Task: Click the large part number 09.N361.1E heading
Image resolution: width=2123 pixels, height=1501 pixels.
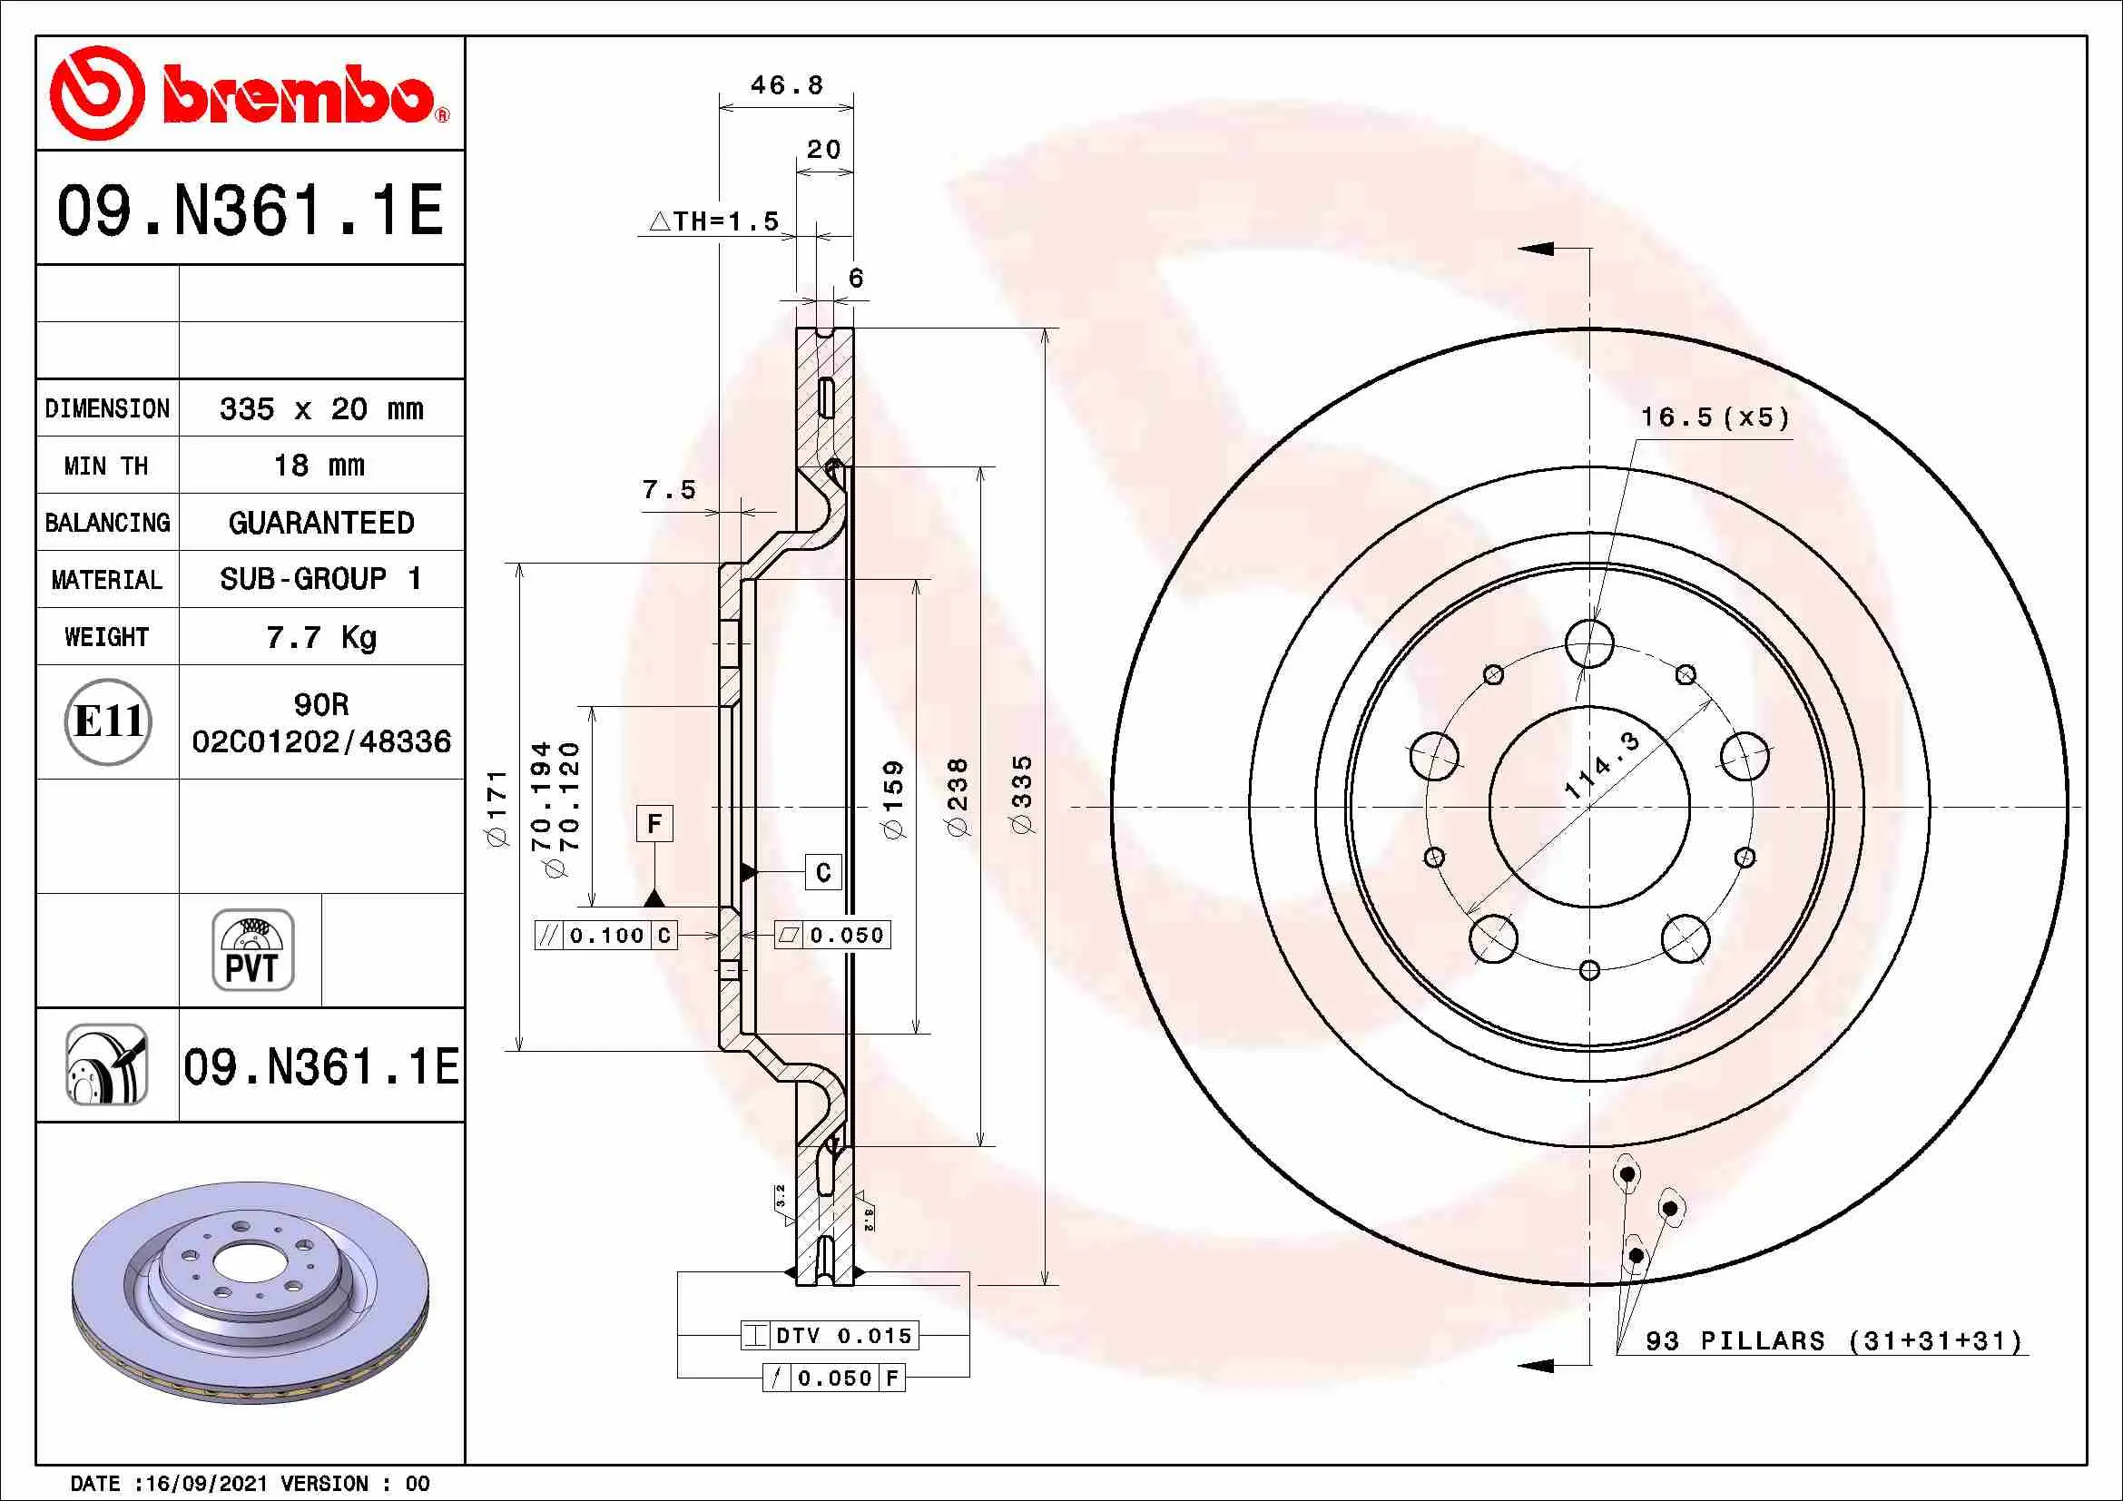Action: [250, 210]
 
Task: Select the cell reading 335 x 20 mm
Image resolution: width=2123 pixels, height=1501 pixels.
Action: [320, 408]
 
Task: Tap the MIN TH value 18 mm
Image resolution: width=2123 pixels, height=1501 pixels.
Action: [319, 466]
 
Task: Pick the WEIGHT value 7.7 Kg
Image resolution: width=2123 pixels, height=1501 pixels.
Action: [320, 637]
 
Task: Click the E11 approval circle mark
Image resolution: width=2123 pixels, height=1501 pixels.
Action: [108, 721]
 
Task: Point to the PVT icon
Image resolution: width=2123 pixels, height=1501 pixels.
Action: [252, 949]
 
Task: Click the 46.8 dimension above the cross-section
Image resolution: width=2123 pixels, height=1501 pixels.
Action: [786, 85]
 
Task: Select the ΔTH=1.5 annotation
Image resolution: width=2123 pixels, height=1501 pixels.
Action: [714, 221]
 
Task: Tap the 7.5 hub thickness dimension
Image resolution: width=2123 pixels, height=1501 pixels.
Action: [669, 490]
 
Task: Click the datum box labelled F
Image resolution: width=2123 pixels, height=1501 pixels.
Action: [654, 823]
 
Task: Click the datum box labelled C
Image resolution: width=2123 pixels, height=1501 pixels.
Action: [823, 872]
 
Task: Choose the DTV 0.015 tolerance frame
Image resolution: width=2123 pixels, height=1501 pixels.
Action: [830, 1336]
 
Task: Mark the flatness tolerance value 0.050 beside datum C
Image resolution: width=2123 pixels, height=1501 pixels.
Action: [846, 936]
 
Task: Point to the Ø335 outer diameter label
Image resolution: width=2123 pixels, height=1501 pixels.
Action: [1022, 795]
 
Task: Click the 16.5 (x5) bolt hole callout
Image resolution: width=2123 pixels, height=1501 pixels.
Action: [1715, 417]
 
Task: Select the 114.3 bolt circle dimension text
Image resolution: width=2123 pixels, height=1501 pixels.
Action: [1601, 765]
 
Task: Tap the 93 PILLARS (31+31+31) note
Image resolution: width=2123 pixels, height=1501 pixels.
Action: [1833, 1341]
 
